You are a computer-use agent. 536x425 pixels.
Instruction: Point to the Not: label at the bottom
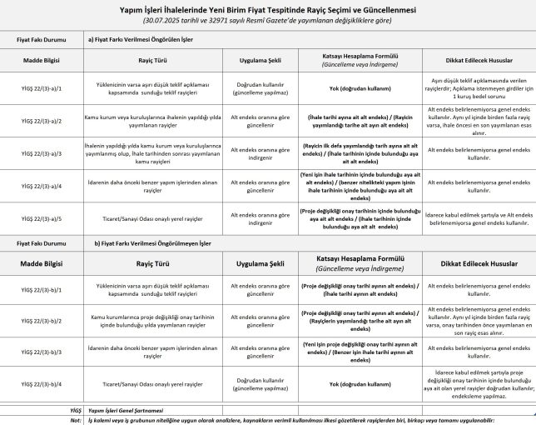tap(77, 420)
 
